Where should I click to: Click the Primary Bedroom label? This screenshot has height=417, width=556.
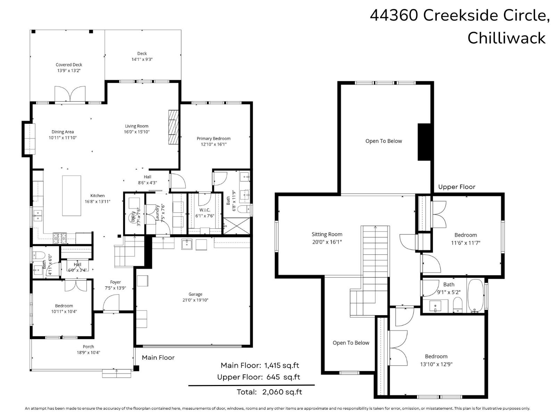tap(213, 138)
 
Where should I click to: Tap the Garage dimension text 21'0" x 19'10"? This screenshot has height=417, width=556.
tap(195, 300)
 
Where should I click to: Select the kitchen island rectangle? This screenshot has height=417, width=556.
tap(72, 196)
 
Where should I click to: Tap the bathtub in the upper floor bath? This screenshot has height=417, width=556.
tap(475, 295)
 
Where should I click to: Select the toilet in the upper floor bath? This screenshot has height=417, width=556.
tap(458, 305)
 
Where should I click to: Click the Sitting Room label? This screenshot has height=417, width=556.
tap(327, 234)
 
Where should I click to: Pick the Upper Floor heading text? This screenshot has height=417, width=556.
tap(456, 187)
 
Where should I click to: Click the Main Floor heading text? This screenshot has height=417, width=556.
tap(158, 358)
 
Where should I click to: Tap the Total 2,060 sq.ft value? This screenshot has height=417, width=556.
tap(282, 392)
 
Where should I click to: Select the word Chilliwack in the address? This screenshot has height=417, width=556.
tap(506, 38)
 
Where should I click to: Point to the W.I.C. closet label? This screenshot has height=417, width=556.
tap(205, 210)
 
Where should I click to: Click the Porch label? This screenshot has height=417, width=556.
tap(88, 346)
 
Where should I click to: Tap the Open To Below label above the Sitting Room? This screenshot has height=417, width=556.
tap(383, 141)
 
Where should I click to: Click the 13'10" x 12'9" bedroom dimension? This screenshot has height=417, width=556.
tap(436, 364)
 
